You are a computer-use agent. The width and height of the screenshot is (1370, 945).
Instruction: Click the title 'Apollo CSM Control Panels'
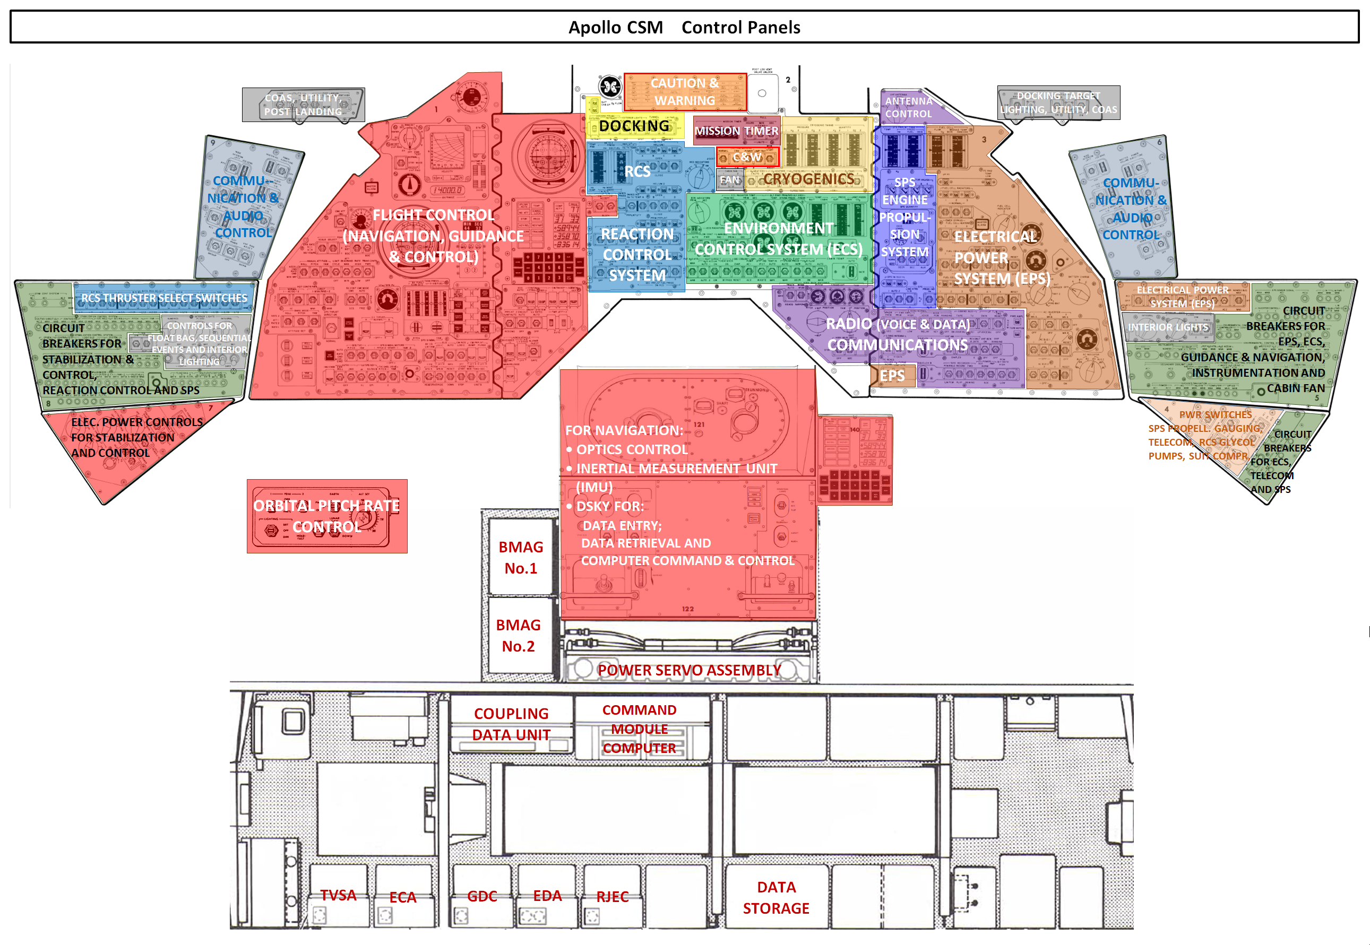pos(684,27)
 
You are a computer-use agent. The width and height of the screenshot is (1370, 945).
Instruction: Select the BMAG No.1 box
pos(521,557)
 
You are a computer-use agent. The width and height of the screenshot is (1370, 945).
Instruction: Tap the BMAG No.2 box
pos(518,635)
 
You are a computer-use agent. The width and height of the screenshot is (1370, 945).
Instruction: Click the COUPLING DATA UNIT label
pos(511,724)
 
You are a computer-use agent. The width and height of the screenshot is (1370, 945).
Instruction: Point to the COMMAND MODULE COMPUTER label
pos(639,729)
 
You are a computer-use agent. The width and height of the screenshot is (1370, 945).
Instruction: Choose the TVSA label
pos(338,895)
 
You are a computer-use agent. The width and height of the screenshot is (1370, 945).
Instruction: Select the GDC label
pos(482,896)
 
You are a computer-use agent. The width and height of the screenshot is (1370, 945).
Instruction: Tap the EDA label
pos(547,895)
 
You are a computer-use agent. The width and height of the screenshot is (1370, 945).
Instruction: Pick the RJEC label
pos(613,896)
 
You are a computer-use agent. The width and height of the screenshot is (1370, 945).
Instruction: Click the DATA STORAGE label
pos(776,898)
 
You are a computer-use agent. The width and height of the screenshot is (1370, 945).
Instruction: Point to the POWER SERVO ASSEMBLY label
pos(689,670)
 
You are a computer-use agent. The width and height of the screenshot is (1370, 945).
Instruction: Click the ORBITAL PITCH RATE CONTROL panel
pos(326,516)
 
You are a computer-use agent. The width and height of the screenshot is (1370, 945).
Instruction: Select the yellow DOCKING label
pos(634,126)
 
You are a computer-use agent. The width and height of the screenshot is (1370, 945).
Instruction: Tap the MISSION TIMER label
pos(736,131)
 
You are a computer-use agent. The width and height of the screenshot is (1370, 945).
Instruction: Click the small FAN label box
pos(730,180)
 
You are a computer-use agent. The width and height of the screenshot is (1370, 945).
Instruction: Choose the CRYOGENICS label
pos(808,179)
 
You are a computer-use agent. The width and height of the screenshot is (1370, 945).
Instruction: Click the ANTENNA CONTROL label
pos(909,108)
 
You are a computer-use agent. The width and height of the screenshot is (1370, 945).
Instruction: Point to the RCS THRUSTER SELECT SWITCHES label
pos(164,298)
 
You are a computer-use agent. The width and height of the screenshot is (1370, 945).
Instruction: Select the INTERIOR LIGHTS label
pos(1167,327)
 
